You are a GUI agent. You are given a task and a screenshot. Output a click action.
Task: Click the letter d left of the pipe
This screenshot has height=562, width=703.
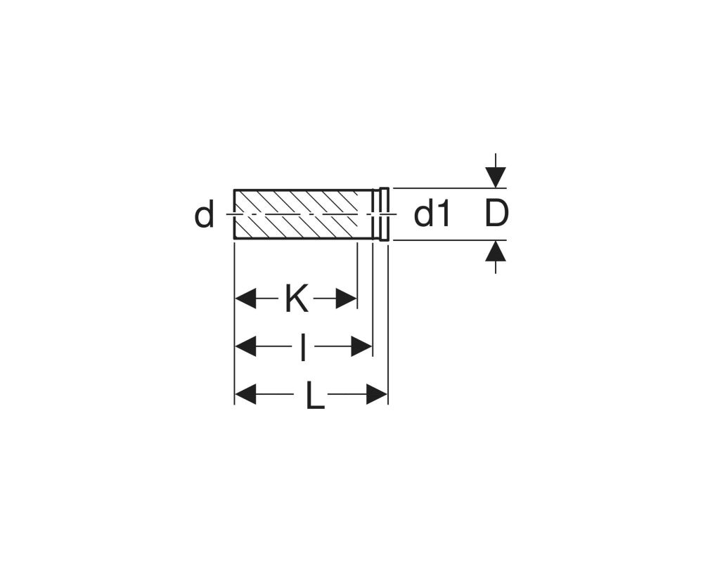(204, 215)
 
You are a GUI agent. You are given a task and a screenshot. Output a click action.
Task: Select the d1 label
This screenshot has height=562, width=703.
(432, 214)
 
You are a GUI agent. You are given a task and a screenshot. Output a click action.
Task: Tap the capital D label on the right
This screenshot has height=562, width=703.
(497, 214)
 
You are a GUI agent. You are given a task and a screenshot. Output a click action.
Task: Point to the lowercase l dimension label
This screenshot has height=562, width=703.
(303, 347)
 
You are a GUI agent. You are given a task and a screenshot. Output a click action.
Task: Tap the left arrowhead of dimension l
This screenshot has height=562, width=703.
(245, 346)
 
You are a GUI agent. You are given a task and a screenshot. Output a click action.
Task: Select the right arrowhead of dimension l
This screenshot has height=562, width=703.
(361, 346)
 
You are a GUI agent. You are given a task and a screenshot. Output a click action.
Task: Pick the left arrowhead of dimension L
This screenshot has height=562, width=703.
(245, 394)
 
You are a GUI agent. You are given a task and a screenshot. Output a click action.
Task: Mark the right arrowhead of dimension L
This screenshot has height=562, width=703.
(377, 394)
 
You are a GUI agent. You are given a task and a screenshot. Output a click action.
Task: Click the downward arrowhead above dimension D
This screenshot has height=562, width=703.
(496, 178)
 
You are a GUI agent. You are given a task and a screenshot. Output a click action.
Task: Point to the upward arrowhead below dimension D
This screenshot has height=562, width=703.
(496, 251)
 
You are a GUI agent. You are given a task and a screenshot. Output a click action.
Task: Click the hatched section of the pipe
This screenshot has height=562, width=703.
(296, 214)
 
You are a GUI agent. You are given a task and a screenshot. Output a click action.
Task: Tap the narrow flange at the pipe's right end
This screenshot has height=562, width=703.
(385, 214)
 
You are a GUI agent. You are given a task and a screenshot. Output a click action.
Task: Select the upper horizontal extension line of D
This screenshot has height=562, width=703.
(450, 188)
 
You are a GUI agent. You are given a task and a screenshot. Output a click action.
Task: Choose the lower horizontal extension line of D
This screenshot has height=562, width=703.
(450, 240)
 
